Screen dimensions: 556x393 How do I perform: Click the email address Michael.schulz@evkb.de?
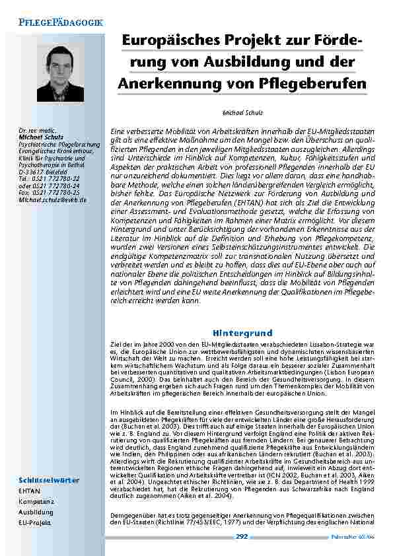[x=53, y=199]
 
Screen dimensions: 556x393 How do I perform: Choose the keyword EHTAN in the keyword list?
[x=30, y=491]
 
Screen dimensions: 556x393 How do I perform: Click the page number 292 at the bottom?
[x=242, y=537]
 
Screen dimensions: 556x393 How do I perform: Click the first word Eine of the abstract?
[x=117, y=133]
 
